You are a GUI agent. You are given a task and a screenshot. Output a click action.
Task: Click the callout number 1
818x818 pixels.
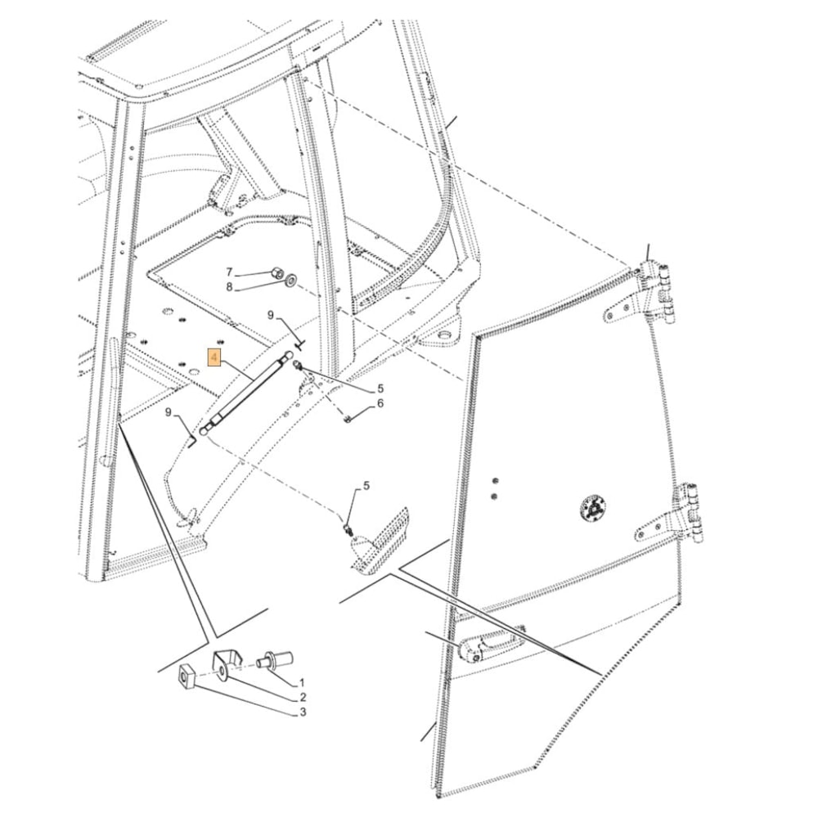click(302, 682)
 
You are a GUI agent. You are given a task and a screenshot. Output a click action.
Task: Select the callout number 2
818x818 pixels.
click(303, 697)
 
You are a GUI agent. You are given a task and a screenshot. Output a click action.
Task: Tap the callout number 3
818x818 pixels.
click(303, 712)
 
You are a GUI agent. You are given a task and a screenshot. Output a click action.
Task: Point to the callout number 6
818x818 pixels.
click(380, 403)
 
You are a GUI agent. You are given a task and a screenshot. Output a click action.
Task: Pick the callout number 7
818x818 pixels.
click(228, 272)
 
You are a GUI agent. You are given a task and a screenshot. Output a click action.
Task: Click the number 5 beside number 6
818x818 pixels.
click(380, 389)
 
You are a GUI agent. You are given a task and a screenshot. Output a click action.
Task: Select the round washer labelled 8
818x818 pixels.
click(290, 281)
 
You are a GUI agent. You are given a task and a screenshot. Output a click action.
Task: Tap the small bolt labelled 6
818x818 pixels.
click(348, 418)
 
